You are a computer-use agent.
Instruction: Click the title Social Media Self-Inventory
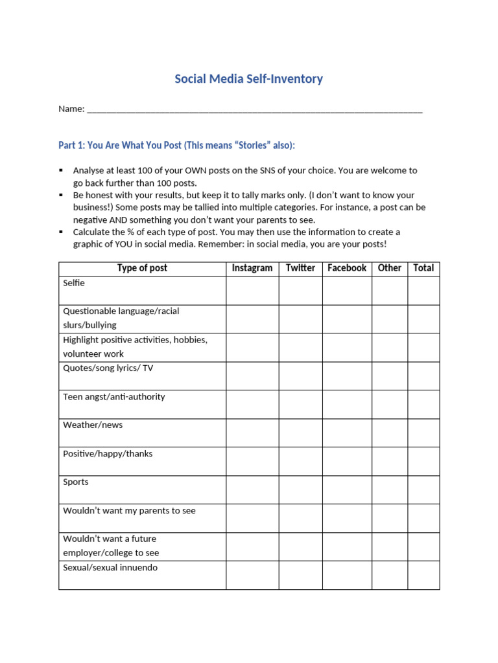[x=248, y=79]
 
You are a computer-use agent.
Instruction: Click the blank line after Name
[x=254, y=109]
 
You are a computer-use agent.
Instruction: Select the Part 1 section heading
[x=176, y=145]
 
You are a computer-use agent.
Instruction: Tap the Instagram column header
[x=252, y=268]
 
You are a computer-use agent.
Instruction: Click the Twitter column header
[x=300, y=268]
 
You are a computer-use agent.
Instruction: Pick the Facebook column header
[x=347, y=268]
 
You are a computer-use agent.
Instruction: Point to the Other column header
[x=389, y=268]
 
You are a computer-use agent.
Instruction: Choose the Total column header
[x=423, y=268]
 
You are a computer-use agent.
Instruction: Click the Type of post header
[x=142, y=268]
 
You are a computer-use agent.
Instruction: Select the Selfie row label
[x=74, y=283]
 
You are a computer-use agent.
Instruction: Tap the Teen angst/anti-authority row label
[x=114, y=396]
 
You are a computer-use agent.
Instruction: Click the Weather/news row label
[x=93, y=425]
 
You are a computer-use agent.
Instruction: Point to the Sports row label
[x=76, y=482]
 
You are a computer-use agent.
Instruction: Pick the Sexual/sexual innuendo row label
[x=110, y=567]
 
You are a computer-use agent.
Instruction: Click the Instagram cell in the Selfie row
[x=252, y=290]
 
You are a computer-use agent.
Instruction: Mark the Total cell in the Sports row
[x=423, y=489]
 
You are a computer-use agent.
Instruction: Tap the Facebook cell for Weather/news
[x=347, y=433]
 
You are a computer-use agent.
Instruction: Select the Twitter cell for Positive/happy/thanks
[x=300, y=461]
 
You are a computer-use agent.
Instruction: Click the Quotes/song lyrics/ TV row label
[x=108, y=368]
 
